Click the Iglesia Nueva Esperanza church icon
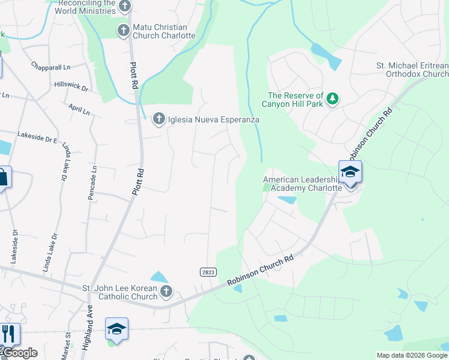(159, 119)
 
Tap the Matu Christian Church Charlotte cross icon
(124, 30)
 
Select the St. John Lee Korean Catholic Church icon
(166, 292)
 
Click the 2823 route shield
(208, 272)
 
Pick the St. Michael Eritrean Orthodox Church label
(412, 69)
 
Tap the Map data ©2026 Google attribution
(412, 355)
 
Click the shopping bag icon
(2, 178)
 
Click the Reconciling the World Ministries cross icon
(124, 7)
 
